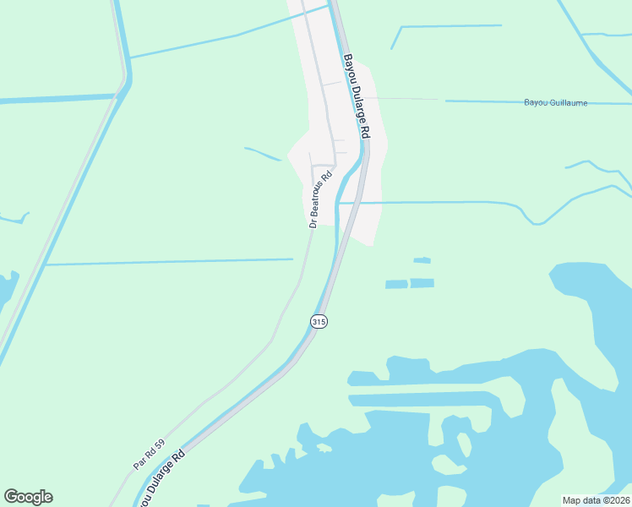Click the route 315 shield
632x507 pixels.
point(319,321)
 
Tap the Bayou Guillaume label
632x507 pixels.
point(555,103)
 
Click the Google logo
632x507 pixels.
point(28,497)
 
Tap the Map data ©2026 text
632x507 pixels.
point(597,500)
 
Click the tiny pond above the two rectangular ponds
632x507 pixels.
point(422,260)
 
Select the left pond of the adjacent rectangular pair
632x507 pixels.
point(396,285)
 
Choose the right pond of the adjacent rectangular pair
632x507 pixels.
point(422,283)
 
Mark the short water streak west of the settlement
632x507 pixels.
point(263,154)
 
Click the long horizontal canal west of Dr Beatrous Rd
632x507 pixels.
point(169,262)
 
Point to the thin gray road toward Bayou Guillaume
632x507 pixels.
point(406,99)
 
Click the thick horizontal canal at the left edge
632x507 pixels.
point(51,99)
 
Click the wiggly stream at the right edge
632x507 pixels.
point(596,166)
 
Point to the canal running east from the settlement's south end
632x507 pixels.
point(439,203)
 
